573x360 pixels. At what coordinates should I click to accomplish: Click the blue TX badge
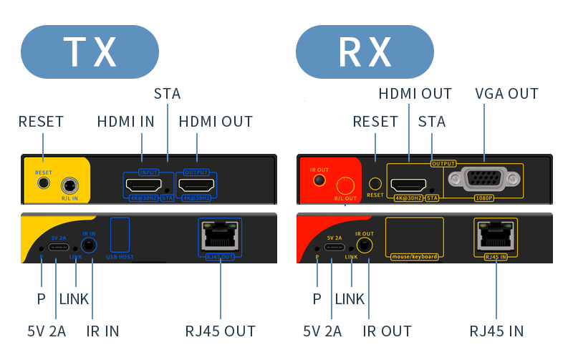tap(90, 52)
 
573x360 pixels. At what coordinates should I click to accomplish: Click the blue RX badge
tap(365, 52)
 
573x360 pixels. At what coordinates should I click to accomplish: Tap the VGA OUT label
tap(506, 94)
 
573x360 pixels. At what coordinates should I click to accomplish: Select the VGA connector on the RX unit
tap(483, 180)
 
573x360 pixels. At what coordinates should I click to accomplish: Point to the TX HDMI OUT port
tap(196, 186)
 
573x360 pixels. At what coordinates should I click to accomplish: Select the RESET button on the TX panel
tap(44, 183)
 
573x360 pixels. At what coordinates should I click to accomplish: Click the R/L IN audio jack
tap(69, 185)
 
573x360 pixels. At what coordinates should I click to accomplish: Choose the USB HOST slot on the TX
tap(120, 233)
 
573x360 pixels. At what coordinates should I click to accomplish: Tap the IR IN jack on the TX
tap(89, 245)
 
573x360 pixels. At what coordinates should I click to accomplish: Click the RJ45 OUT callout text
tap(220, 331)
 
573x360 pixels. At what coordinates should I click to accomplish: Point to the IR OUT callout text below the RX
tap(387, 331)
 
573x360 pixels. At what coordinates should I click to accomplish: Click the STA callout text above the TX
tap(167, 94)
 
